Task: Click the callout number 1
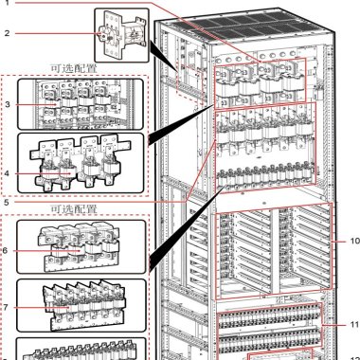tap(8, 3)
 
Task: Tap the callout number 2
tap(7, 33)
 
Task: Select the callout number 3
tap(7, 104)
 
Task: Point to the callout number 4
tap(7, 173)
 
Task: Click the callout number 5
tap(7, 202)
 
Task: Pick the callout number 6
tap(5, 251)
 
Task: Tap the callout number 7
tap(6, 307)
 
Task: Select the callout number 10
tap(354, 241)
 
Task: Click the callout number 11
tap(354, 324)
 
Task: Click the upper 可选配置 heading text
tap(74, 68)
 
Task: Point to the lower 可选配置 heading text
tap(74, 208)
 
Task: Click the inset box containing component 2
tap(121, 35)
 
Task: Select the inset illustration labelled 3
tap(81, 104)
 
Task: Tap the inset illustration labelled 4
tap(81, 163)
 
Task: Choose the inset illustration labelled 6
tap(81, 247)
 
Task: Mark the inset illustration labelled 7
tap(81, 305)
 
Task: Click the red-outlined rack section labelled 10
tap(274, 251)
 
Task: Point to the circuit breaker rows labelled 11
tap(270, 329)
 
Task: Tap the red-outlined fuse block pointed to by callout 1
tap(260, 83)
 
